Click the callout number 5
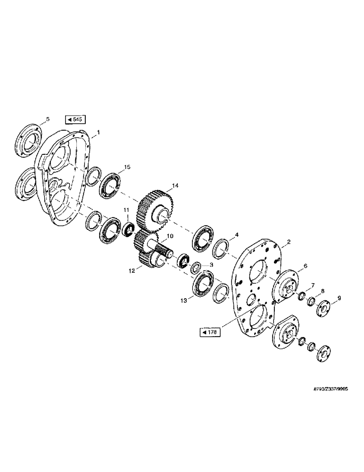click(x=47, y=119)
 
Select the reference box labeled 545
click(x=74, y=119)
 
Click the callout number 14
click(x=175, y=186)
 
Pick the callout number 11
click(x=126, y=210)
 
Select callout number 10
click(x=169, y=236)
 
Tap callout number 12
click(x=132, y=271)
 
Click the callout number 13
click(x=183, y=300)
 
